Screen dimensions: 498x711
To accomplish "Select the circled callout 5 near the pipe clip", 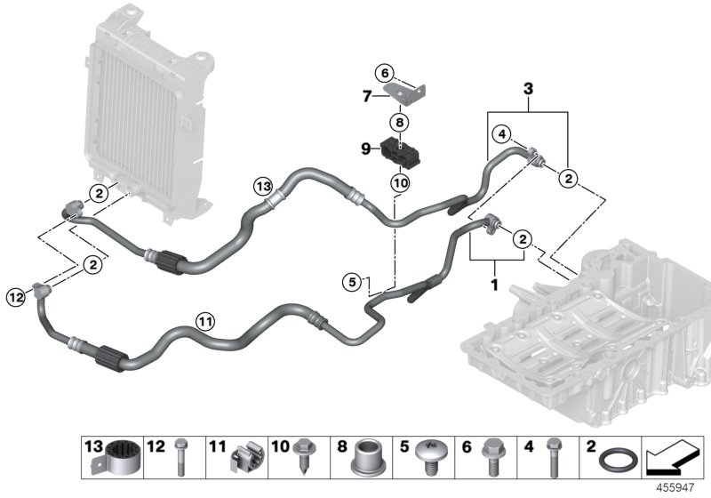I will [353, 282].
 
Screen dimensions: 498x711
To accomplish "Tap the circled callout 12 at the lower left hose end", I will [13, 296].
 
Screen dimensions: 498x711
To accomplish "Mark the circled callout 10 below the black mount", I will [400, 182].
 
